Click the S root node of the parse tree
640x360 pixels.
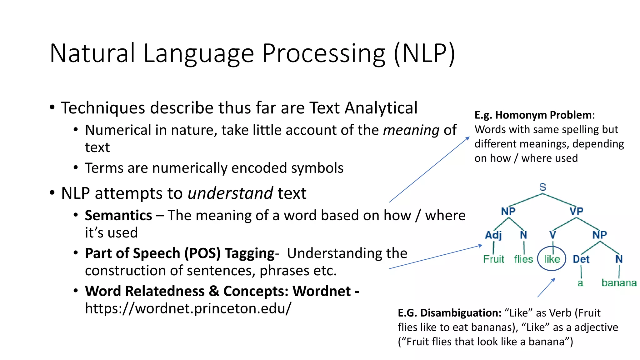pos(542,187)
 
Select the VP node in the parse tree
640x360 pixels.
pos(576,211)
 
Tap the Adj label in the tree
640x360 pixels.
pos(493,235)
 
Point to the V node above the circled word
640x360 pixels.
pos(552,235)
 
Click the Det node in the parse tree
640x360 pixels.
pos(581,259)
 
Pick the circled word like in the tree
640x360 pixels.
pos(552,259)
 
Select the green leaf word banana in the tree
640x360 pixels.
pos(619,283)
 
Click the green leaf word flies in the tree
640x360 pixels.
pos(523,259)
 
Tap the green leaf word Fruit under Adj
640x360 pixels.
pos(493,259)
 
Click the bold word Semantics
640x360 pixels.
pos(118,216)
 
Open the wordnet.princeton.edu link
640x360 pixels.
pos(188,308)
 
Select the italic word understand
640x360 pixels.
pos(230,193)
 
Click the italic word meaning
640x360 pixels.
pos(411,130)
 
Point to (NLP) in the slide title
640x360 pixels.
pos(424,53)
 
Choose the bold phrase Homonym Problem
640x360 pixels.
pos(543,115)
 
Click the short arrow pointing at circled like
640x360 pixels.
pos(546,288)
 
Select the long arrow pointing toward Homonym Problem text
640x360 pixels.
pos(429,170)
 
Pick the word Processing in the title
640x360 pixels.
pos(324,53)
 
